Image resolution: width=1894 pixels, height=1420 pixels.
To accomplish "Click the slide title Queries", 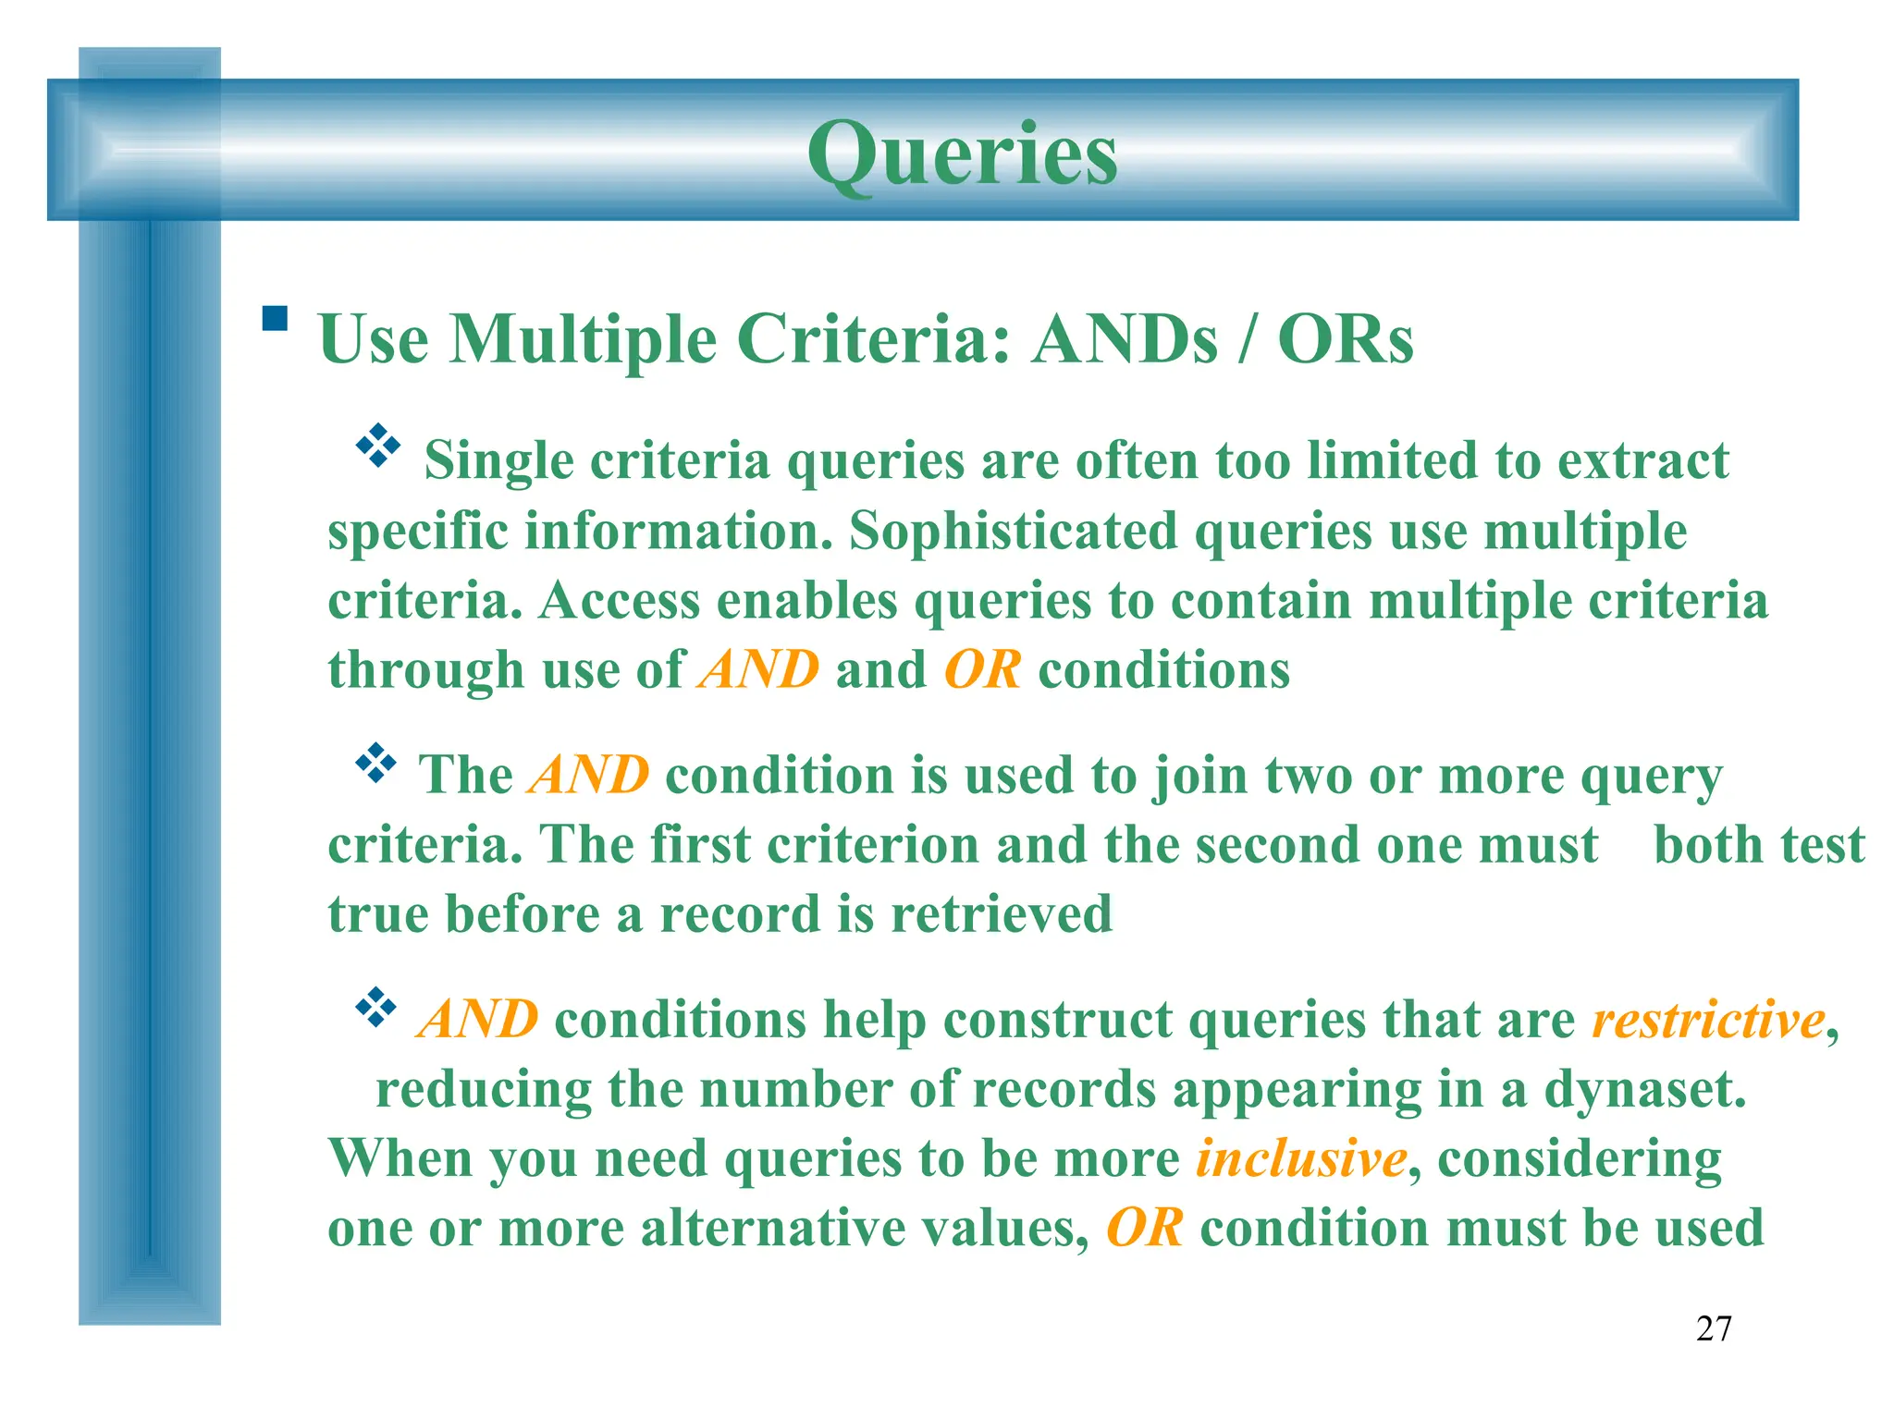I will (x=962, y=153).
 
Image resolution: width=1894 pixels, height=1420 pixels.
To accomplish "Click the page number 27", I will (x=1713, y=1328).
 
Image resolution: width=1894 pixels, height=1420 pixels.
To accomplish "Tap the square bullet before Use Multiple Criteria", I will (x=275, y=319).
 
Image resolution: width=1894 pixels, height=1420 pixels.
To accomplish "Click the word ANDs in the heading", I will (x=1125, y=339).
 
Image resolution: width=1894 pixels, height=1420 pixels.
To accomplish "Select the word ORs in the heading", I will (x=1345, y=339).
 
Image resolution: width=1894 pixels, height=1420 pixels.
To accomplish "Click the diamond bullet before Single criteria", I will (x=377, y=446).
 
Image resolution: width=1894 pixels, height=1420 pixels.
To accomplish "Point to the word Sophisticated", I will (x=1013, y=532).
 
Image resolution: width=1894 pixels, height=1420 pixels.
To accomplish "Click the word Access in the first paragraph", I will (x=619, y=601).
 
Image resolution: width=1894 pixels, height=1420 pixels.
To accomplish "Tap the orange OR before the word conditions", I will (x=982, y=670).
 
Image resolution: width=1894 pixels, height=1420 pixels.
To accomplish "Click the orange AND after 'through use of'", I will (x=759, y=670).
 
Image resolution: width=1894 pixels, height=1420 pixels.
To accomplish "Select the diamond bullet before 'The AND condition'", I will (x=375, y=763).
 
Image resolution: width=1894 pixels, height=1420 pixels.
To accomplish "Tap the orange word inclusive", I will (x=1301, y=1158).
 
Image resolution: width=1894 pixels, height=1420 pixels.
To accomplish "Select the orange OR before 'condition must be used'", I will (x=1144, y=1229).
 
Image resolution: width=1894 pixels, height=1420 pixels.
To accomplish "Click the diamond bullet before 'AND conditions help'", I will (x=375, y=1008).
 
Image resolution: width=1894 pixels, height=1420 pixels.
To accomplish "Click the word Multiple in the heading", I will (x=583, y=339).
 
